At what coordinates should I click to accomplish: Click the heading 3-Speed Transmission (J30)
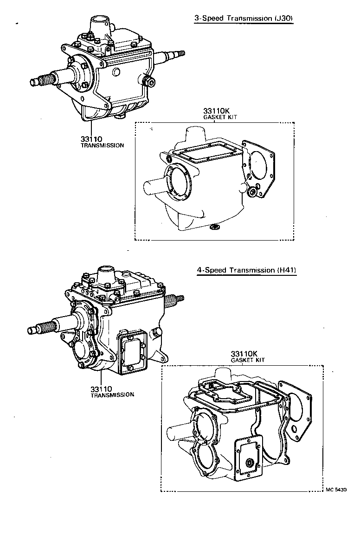[243, 19]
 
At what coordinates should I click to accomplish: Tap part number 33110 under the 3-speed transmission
[91, 139]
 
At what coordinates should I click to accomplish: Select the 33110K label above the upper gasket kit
[216, 111]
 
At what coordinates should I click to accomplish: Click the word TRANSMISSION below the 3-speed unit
[102, 146]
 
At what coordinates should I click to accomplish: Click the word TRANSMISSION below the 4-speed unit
[112, 395]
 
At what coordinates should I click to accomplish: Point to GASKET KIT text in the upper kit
[220, 118]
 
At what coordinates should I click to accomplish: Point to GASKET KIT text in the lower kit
[248, 360]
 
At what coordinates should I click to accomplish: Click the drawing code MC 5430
[336, 489]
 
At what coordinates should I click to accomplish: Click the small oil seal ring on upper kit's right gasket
[253, 191]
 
